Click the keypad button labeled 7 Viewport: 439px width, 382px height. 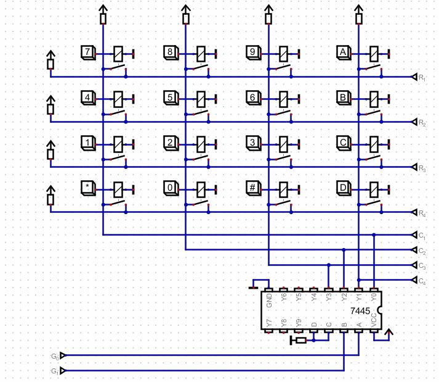point(87,52)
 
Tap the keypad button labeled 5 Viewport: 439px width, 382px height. point(171,98)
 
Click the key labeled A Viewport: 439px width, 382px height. point(344,52)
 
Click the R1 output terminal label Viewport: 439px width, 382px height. point(422,77)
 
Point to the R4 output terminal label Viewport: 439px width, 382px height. point(422,214)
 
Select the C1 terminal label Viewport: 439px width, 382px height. point(422,235)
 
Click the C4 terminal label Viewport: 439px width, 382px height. point(422,281)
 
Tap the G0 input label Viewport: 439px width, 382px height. point(55,356)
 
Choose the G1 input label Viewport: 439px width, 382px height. point(55,371)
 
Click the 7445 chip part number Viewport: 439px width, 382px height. point(361,311)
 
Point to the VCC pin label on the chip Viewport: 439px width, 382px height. point(374,320)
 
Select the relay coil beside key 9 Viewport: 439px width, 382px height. point(283,54)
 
